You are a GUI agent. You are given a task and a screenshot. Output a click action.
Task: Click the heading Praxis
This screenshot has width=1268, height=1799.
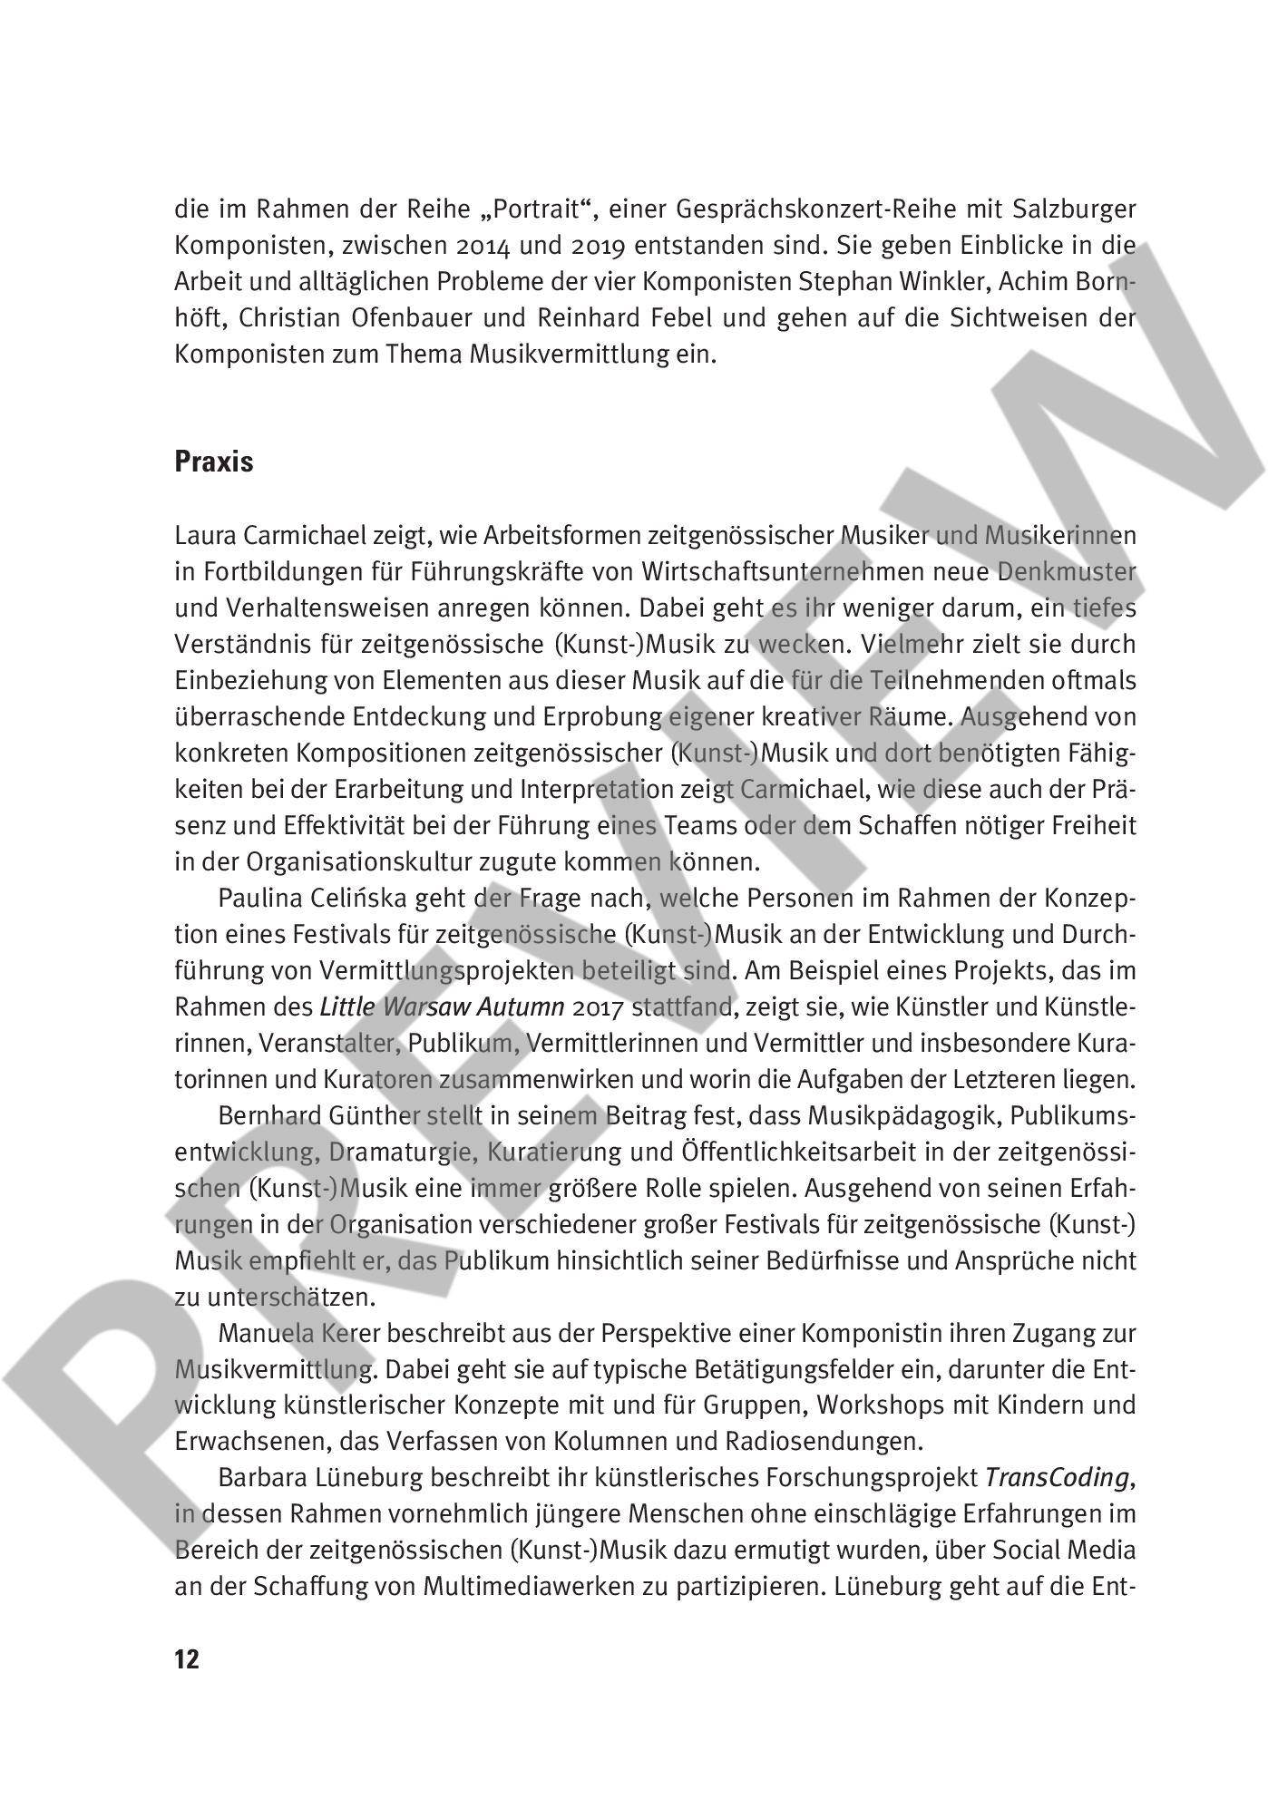tap(213, 462)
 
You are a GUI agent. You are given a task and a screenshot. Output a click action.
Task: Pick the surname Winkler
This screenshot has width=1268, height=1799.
tap(941, 282)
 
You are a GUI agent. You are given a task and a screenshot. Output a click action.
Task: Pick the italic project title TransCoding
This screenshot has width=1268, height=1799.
tap(1058, 1479)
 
